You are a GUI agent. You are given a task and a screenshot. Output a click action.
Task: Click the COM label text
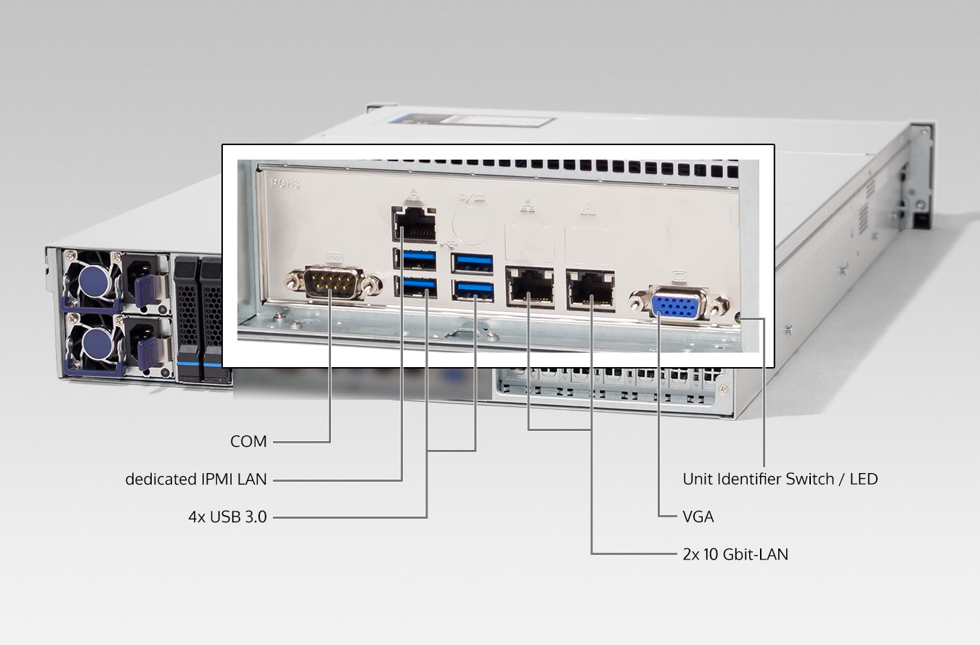tap(248, 441)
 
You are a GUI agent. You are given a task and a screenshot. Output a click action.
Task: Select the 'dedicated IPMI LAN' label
tap(196, 479)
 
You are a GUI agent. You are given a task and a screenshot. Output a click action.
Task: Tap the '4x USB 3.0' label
tap(227, 517)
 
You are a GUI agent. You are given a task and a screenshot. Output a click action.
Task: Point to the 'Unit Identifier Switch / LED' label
tap(780, 479)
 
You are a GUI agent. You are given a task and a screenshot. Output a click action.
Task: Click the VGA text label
tap(698, 517)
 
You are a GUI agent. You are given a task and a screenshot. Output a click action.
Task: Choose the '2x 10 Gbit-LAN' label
tap(735, 554)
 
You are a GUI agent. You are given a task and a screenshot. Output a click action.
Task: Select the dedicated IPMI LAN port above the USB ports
tap(415, 223)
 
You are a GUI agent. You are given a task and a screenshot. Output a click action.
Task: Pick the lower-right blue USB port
tap(472, 289)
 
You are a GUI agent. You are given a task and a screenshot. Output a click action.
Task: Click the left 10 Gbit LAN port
tap(530, 288)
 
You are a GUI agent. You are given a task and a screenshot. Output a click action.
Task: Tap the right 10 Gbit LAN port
tap(590, 288)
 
